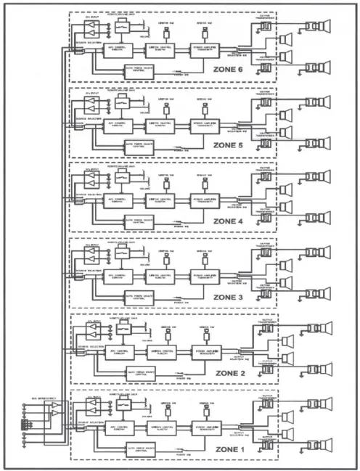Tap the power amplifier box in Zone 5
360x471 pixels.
[x=207, y=126]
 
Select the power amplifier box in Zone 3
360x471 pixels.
[x=207, y=276]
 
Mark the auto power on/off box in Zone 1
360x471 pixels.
[x=140, y=446]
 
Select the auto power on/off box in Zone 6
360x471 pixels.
[x=140, y=70]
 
